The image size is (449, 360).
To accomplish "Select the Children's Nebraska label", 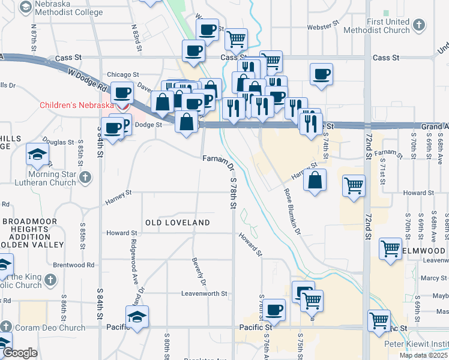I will (76, 105).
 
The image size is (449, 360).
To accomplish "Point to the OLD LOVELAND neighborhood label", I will (178, 223).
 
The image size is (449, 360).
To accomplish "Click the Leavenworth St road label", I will (205, 294).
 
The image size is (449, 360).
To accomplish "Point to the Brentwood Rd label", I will (74, 265).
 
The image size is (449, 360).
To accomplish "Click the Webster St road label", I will (319, 27).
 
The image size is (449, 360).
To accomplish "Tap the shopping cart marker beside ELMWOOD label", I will (391, 248).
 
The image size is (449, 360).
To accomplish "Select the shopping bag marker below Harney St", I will (315, 179).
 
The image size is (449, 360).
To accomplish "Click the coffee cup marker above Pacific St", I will (274, 310).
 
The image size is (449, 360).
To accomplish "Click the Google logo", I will (20, 353).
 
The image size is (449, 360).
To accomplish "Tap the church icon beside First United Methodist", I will (419, 25).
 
